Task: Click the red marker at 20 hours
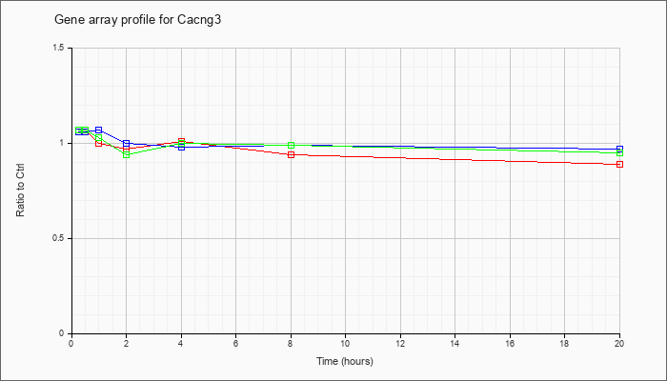tap(619, 164)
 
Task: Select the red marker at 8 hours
tap(291, 154)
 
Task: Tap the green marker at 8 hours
tap(291, 145)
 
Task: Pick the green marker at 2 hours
tap(127, 154)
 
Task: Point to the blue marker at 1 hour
tap(99, 130)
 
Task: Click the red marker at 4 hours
tap(181, 141)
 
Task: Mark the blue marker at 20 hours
tap(619, 149)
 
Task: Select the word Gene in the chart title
tap(65, 20)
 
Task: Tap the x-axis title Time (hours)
tap(345, 361)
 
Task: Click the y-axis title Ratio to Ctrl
tap(20, 190)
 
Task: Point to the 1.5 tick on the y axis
tap(59, 48)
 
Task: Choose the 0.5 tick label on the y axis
tap(59, 238)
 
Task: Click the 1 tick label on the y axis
tap(62, 143)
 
